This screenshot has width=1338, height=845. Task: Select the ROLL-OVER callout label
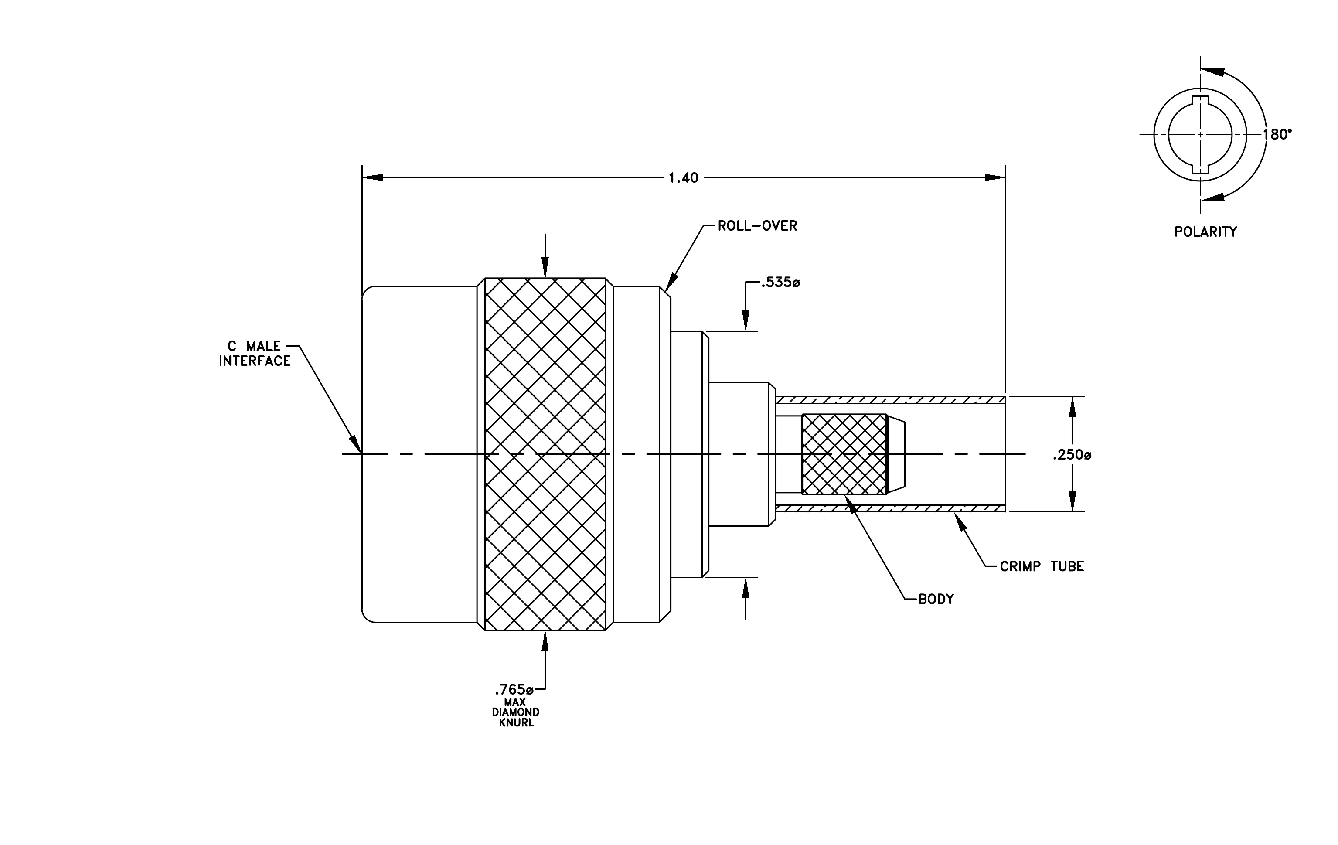[757, 226]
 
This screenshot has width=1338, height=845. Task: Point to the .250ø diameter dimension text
[1072, 456]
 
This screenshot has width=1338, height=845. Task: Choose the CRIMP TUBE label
[1042, 567]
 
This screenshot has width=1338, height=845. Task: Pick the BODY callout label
[936, 600]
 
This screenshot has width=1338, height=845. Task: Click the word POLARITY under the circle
[1206, 232]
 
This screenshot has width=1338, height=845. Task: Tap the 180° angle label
[1277, 134]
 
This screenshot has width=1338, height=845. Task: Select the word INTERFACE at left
[255, 361]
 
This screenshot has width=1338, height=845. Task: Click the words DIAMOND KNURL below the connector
[516, 717]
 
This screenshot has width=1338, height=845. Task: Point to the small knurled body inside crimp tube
[844, 454]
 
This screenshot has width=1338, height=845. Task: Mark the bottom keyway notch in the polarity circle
[1200, 169]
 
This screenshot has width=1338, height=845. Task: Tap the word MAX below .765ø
[515, 702]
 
